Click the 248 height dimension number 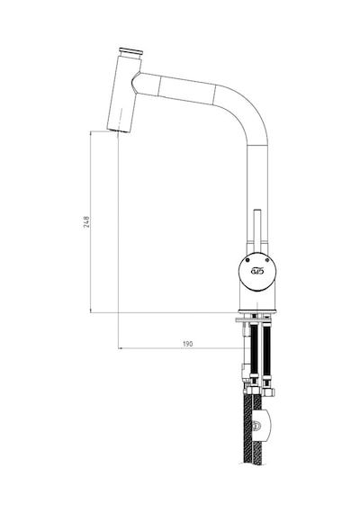(x=86, y=221)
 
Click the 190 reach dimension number (x=187, y=344)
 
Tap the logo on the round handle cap (x=257, y=271)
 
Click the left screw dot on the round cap (x=247, y=260)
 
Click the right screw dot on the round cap (x=267, y=260)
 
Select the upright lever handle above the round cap (x=257, y=230)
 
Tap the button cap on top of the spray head (x=130, y=51)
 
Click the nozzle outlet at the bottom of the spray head (x=119, y=130)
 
